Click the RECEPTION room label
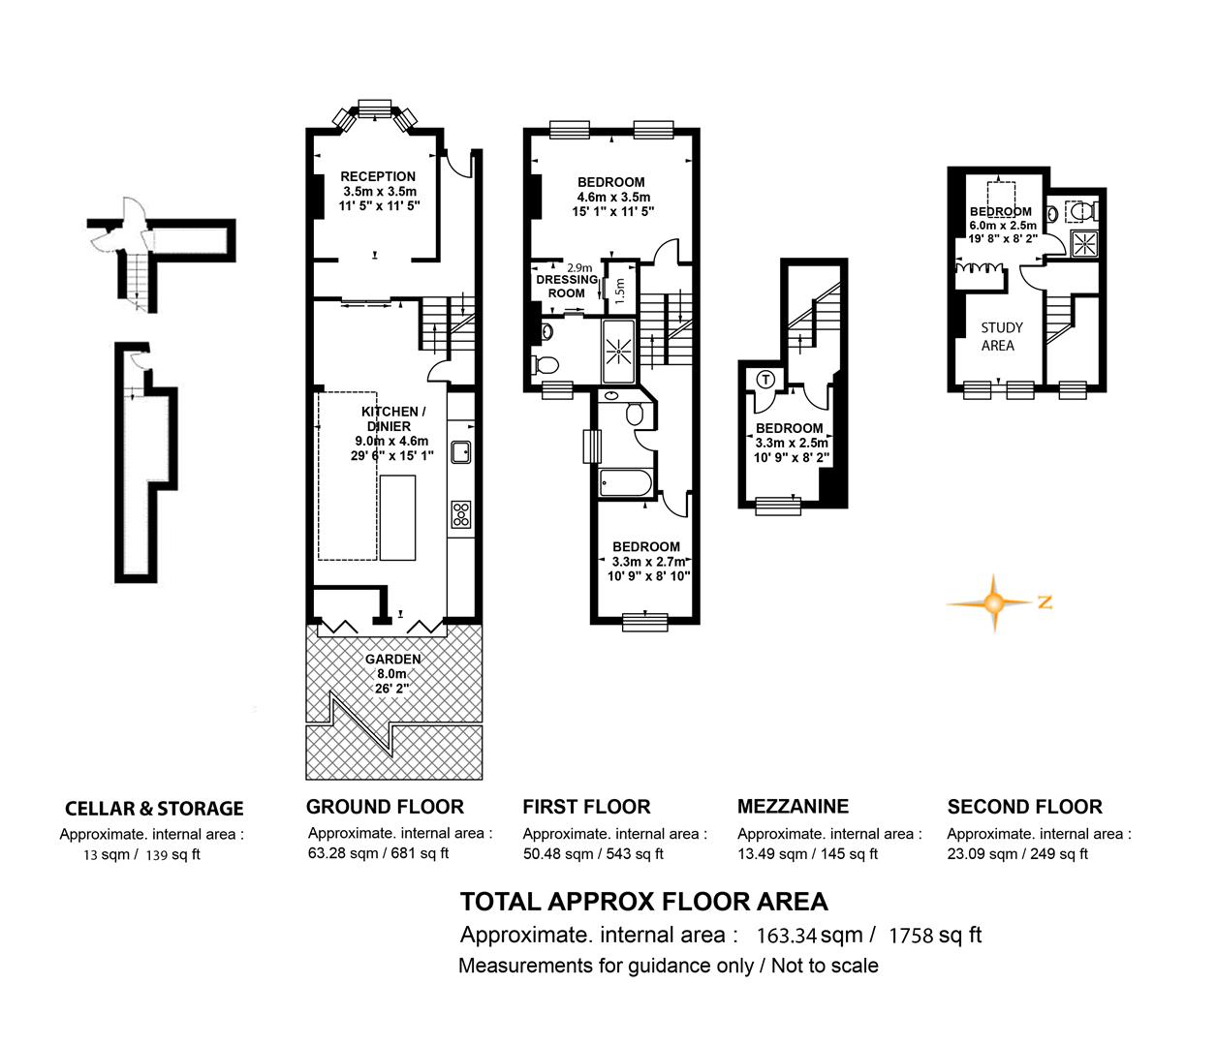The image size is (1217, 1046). pos(378,176)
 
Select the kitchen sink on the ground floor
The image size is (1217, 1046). pos(461,451)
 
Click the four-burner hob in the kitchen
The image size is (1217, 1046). pos(461,514)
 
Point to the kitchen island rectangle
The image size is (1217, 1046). pos(397,517)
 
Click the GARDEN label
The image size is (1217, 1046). pos(392,660)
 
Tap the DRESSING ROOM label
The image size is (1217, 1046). pos(567,286)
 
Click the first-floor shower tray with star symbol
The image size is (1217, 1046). pos(619,351)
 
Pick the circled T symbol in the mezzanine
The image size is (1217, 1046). pos(765,379)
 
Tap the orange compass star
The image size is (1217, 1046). pos(994,602)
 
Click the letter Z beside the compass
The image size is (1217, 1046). pos(1045,602)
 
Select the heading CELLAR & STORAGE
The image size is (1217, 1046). pos(154,808)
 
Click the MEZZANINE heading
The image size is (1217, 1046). pos(793,806)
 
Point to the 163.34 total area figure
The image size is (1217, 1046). pos(787,936)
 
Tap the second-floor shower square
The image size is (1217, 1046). pos(1082,244)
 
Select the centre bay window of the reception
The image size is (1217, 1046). pos(374,108)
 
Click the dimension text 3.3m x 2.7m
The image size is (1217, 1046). pos(649,562)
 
